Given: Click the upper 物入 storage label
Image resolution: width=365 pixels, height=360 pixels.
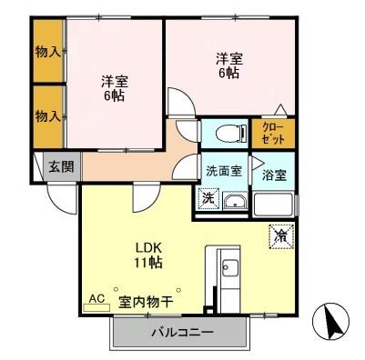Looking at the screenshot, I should point(48,52).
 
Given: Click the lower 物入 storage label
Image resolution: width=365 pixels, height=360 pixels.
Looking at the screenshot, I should point(48,115).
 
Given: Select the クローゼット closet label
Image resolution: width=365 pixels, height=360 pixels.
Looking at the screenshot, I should point(272,134).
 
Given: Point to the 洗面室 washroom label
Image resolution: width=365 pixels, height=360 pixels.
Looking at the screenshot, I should point(222,170).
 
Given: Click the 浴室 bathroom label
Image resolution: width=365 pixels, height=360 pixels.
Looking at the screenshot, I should point(274,175).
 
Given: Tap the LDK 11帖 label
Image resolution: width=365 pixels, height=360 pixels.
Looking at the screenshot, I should point(148,254).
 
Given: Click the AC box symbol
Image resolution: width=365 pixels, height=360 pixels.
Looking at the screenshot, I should point(96,298).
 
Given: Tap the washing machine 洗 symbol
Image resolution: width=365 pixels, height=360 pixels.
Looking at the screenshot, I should point(207,198).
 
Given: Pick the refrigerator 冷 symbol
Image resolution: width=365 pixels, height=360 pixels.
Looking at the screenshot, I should point(279,235).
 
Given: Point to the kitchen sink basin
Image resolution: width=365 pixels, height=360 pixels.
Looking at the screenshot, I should point(228,269).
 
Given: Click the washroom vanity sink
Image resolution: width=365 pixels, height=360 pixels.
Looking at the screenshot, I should point(234,201).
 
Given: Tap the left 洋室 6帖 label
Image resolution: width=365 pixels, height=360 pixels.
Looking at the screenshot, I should point(115,87).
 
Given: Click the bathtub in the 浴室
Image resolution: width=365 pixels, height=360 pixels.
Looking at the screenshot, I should point(274,203).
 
